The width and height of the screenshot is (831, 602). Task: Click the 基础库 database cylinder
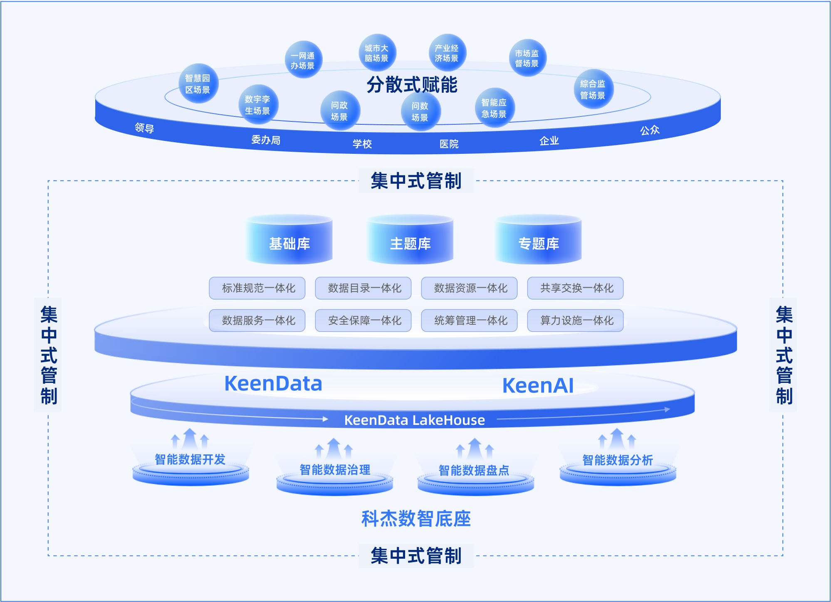coord(289,241)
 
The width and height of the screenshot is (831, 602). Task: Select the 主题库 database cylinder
coord(410,241)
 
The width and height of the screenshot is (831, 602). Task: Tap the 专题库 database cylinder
coord(539,241)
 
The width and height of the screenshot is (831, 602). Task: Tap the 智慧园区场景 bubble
coord(198,84)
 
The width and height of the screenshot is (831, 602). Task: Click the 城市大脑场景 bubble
coord(377,53)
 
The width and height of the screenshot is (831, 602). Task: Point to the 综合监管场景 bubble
coord(593,89)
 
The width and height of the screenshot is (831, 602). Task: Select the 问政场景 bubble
coord(340,111)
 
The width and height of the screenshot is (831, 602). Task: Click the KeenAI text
coord(538,386)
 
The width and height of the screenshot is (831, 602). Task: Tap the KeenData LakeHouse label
coord(414,420)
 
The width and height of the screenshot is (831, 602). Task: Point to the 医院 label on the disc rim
coord(449,144)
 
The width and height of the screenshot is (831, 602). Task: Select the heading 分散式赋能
coord(412,85)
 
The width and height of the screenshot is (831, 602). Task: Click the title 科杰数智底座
coord(416,518)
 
